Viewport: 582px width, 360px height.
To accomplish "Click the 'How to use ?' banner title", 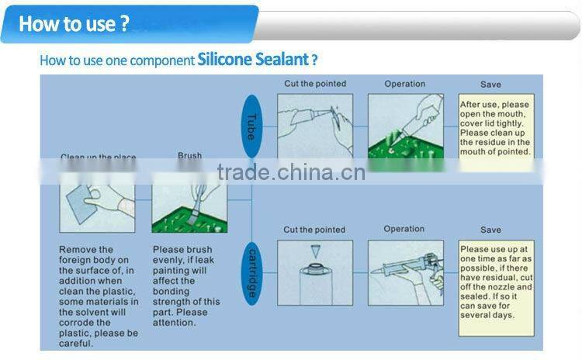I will (74, 23).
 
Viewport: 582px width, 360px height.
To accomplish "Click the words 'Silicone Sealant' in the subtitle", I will (253, 60).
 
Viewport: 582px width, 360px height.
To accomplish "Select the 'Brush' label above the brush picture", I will (189, 156).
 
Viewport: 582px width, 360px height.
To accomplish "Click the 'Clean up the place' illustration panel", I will (97, 200).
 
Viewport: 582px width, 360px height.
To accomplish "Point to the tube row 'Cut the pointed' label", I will (314, 84).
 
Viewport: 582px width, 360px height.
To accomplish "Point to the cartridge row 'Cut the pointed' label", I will (314, 230).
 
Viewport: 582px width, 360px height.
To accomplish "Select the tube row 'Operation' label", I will (404, 84).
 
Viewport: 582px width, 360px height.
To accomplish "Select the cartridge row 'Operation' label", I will (404, 229).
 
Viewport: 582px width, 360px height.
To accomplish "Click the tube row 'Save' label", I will (490, 85).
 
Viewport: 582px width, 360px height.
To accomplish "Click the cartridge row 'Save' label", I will (490, 230).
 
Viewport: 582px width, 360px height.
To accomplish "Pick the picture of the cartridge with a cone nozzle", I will (314, 272).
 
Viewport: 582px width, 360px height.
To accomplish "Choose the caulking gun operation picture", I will (405, 272).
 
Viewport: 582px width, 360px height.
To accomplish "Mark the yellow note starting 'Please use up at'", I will (496, 279).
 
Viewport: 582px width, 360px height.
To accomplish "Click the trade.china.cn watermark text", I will (291, 171).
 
